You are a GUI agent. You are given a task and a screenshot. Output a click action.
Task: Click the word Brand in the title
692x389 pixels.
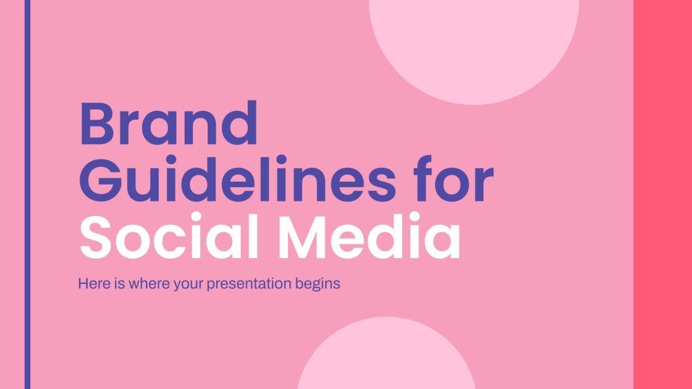click(168, 123)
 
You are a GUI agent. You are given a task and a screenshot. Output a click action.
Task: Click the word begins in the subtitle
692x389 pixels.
click(319, 285)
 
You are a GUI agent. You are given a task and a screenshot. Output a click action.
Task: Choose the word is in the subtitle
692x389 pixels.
click(116, 285)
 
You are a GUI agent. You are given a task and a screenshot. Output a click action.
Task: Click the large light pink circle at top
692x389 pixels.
click(474, 37)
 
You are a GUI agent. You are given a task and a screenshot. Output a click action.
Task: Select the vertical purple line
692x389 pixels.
click(27, 194)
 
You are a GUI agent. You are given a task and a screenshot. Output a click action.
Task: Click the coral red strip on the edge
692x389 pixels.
click(662, 194)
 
